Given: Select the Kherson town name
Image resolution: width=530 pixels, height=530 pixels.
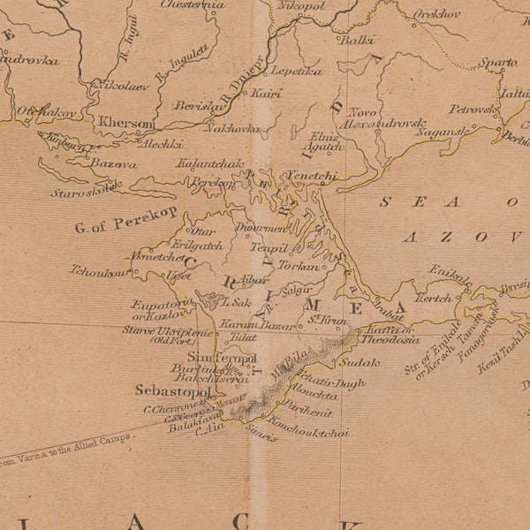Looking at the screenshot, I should click(x=127, y=124).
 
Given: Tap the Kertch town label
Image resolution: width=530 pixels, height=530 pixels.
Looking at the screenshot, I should click(x=435, y=299).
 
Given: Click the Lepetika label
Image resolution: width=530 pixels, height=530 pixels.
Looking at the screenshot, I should click(x=297, y=71).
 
